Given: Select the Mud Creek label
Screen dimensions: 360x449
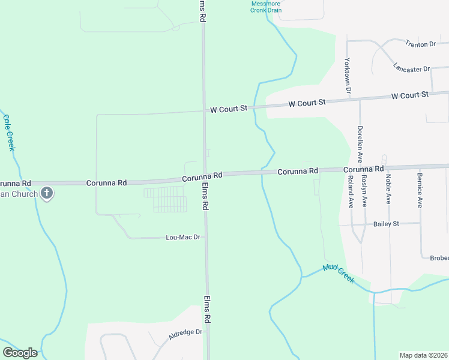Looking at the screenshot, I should pos(339,274).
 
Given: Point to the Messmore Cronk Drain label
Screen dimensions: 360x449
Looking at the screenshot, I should pos(266,7).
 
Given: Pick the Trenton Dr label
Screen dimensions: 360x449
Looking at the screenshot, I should pos(420,44).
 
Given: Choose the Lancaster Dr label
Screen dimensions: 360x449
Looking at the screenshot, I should pos(411,68).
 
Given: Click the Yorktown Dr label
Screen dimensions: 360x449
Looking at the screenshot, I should pos(348,76).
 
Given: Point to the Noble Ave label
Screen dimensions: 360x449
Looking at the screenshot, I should pos(388,189).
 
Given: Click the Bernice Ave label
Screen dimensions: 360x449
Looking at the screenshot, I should pos(420,191).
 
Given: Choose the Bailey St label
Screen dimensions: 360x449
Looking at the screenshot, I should pos(386,224).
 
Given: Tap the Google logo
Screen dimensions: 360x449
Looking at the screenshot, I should pos(20,353).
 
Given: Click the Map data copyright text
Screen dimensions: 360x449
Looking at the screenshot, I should pos(423,355).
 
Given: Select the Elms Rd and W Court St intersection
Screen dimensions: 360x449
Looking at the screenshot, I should pos(204,110).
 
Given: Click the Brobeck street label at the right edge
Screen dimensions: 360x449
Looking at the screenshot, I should pos(439,258).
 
